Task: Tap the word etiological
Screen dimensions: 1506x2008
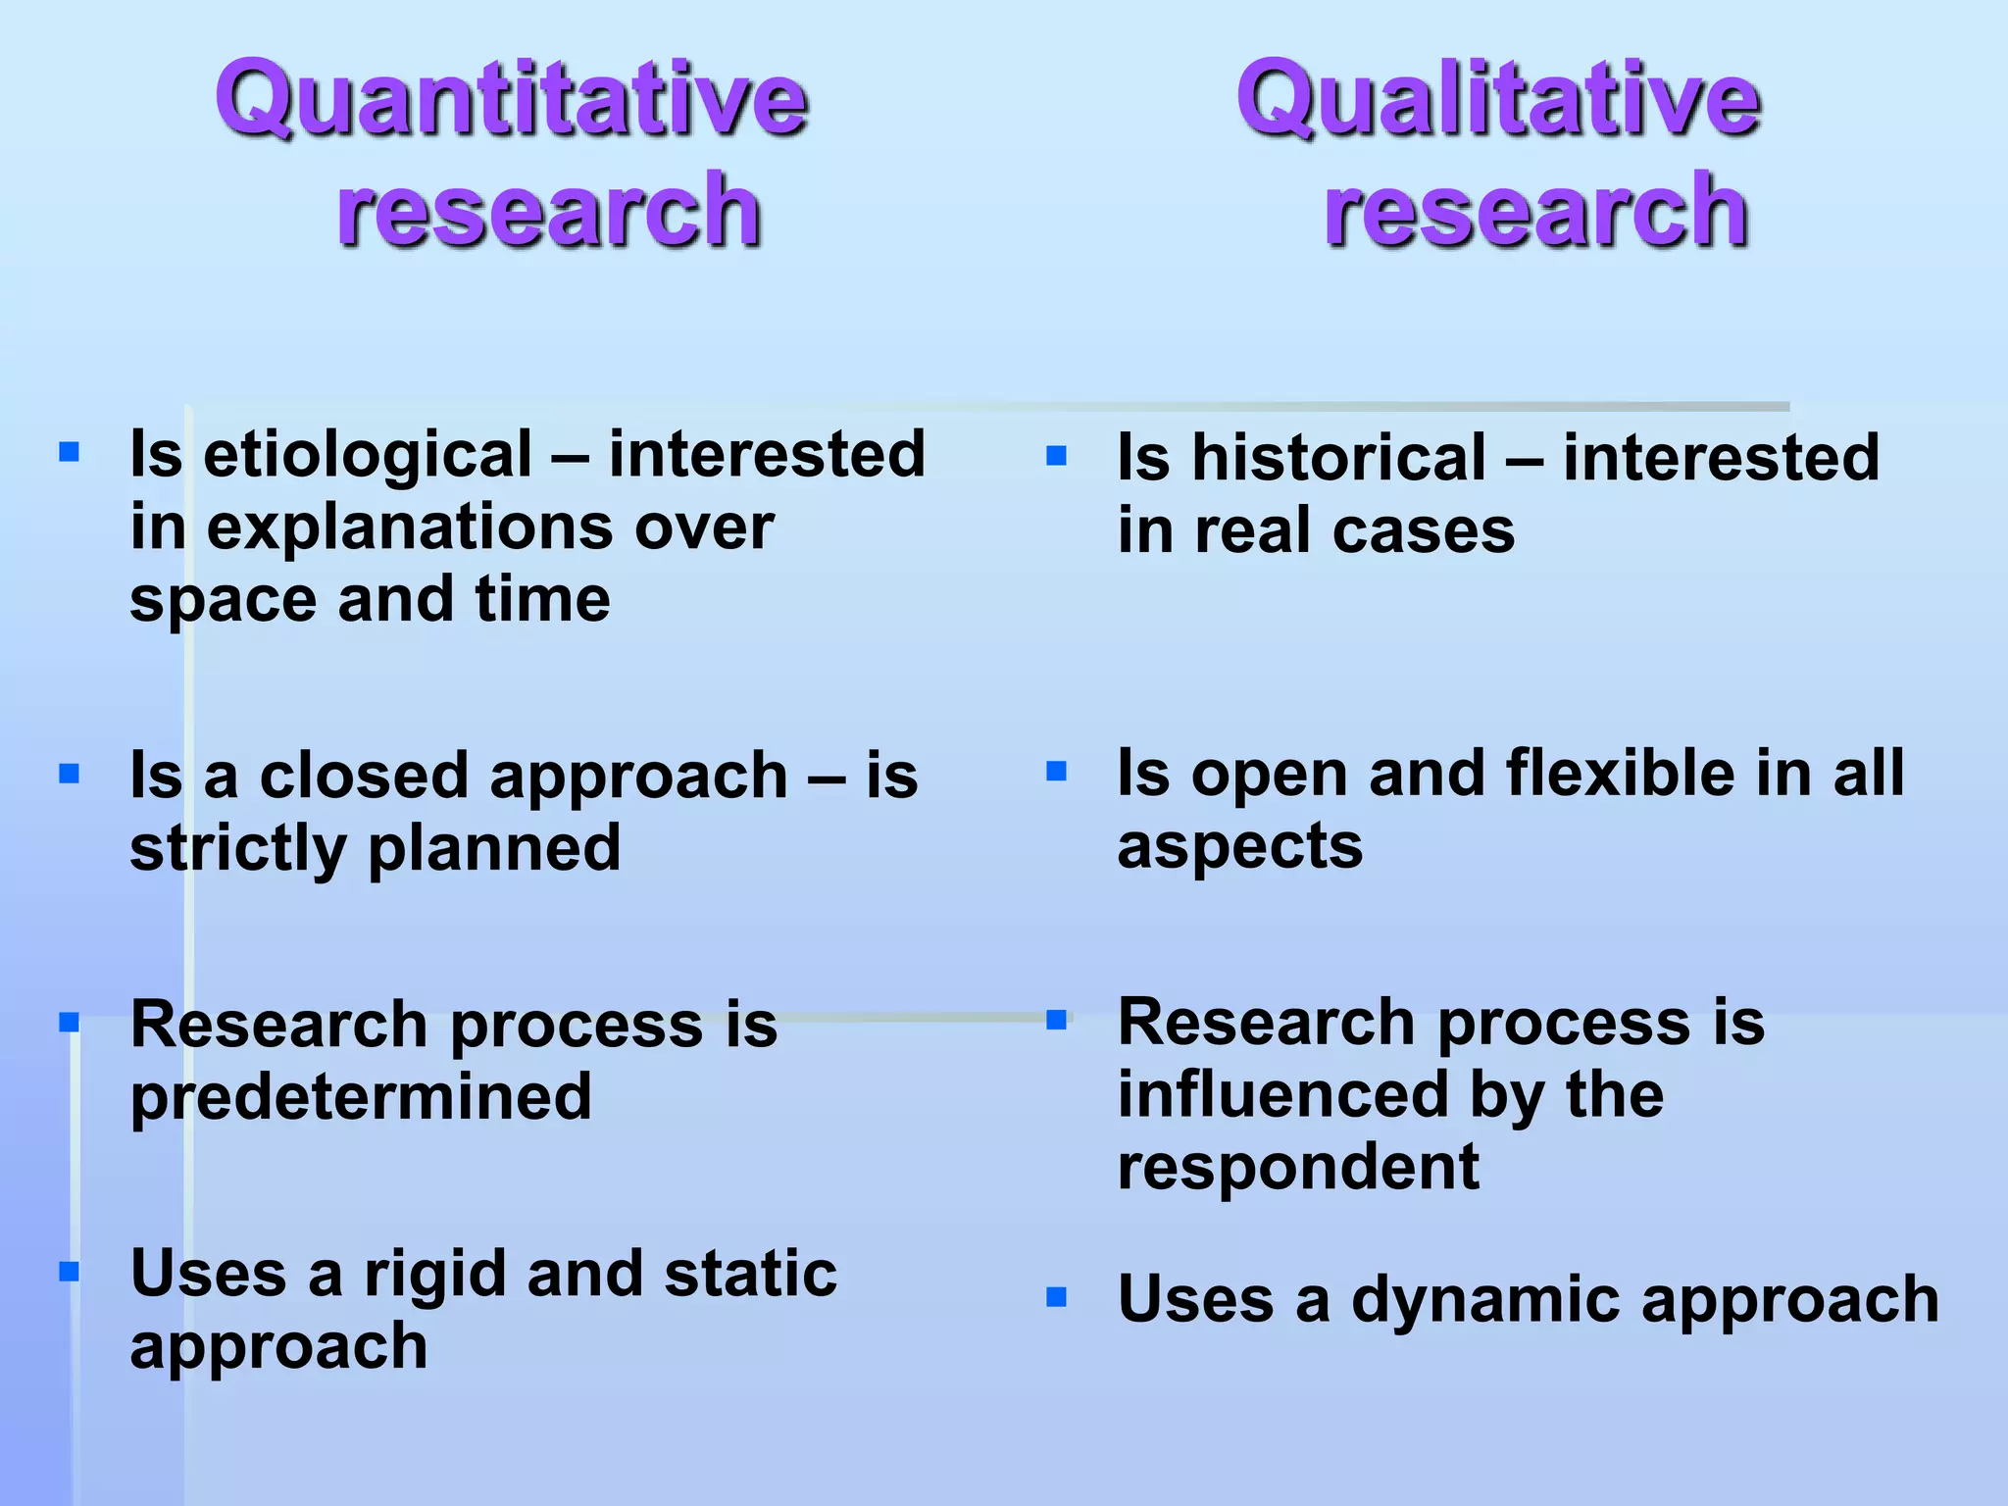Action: tap(368, 455)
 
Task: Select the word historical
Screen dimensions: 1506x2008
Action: tap(1338, 458)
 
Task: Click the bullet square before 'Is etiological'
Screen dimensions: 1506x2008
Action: tap(69, 452)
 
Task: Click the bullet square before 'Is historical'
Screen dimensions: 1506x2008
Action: tap(1056, 456)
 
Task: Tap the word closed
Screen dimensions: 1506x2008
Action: tap(364, 777)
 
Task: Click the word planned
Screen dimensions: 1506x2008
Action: tap(494, 849)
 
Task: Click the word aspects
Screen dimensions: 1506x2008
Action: tap(1239, 846)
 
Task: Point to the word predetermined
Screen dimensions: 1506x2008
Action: tap(361, 1098)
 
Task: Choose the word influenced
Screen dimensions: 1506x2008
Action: tap(1282, 1095)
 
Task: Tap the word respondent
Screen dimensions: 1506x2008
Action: tap(1298, 1168)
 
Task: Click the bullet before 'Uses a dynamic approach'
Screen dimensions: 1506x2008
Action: tap(1056, 1298)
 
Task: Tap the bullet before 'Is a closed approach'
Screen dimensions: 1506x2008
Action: tap(69, 775)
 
